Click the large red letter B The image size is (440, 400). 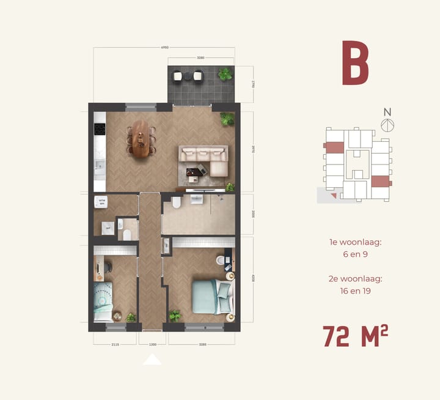coord(355,63)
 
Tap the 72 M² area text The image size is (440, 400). coord(355,336)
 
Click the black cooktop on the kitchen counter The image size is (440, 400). coord(100,130)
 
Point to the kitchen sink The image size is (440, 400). coord(100,165)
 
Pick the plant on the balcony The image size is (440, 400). coord(226,75)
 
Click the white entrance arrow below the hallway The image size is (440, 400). coord(152,360)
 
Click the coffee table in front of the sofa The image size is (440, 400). coord(195,173)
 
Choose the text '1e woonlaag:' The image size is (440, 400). coord(355,242)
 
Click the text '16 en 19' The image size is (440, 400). coord(355,291)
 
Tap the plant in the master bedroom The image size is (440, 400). coord(175,315)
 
